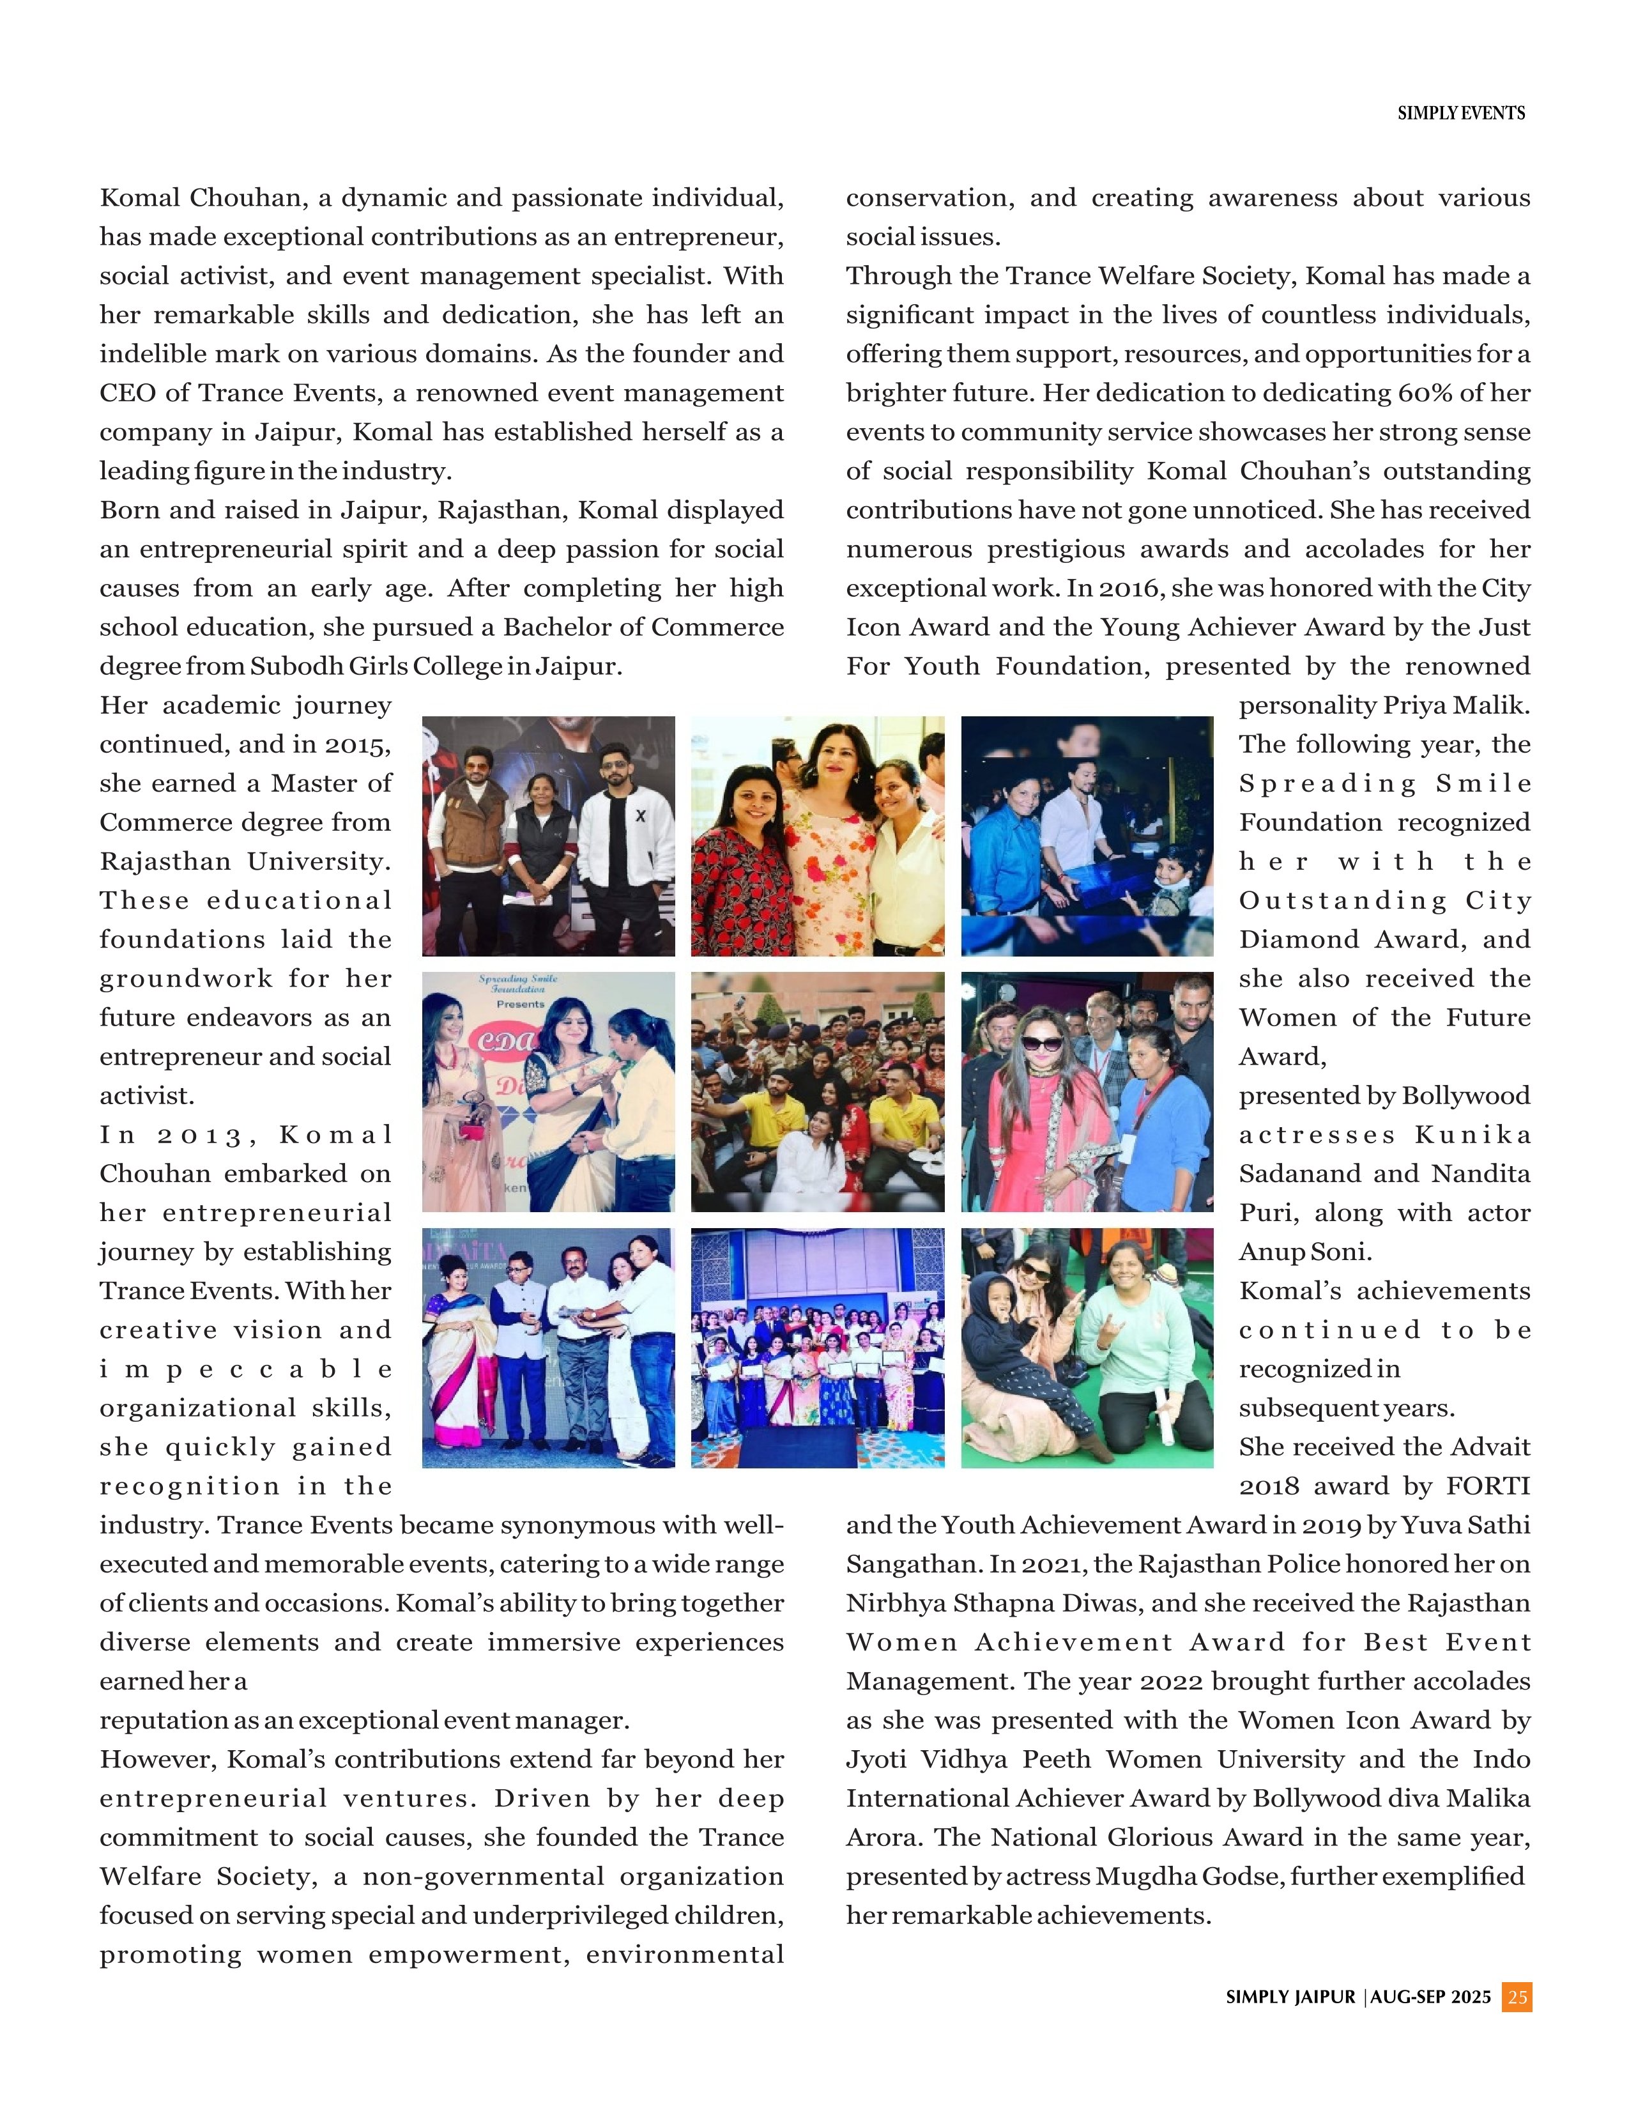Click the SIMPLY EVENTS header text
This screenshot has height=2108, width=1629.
pos(1460,113)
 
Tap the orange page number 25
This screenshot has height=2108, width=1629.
pos(1517,1997)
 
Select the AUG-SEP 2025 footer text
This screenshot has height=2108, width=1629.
pos(1430,1997)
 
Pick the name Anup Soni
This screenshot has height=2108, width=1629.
pos(1304,1252)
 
